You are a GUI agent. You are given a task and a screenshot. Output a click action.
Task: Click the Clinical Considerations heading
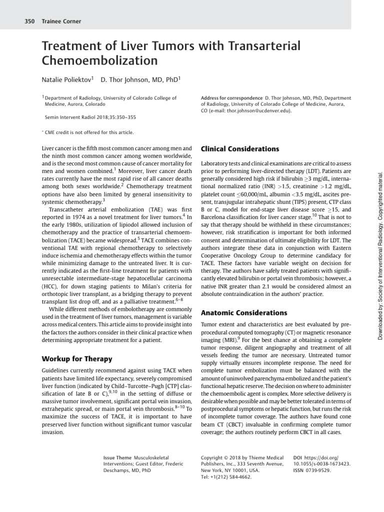pos(239,149)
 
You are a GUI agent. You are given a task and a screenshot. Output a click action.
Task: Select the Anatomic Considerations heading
pos(244,313)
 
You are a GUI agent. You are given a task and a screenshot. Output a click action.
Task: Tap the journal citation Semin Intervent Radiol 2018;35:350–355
pos(90,117)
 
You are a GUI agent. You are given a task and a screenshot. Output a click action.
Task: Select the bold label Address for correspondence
pos(231,98)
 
